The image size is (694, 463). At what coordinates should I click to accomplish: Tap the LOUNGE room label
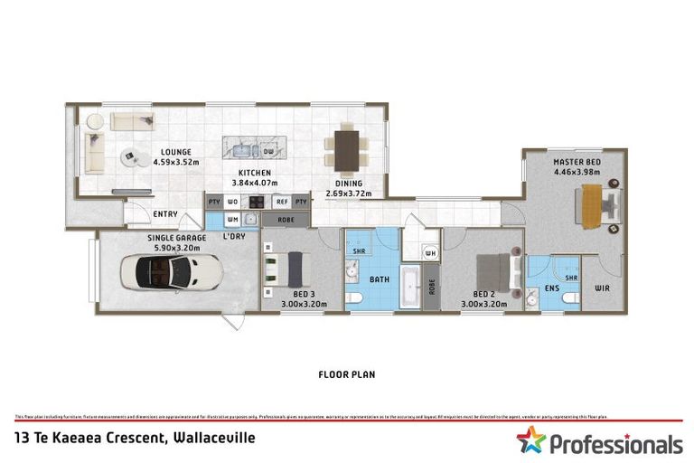175,152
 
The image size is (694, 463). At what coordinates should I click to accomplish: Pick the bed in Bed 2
493,269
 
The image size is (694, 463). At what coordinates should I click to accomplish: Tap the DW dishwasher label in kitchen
268,152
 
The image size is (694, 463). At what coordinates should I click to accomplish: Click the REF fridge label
282,202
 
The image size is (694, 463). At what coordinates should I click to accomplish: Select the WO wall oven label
233,202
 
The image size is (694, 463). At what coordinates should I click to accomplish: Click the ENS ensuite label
551,289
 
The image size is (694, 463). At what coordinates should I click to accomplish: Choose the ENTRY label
165,214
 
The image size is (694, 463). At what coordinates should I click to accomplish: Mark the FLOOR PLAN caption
347,373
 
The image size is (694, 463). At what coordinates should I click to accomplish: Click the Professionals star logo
530,442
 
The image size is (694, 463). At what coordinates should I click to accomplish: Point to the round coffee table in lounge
132,157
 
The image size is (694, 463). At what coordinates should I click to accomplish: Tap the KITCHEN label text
255,173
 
